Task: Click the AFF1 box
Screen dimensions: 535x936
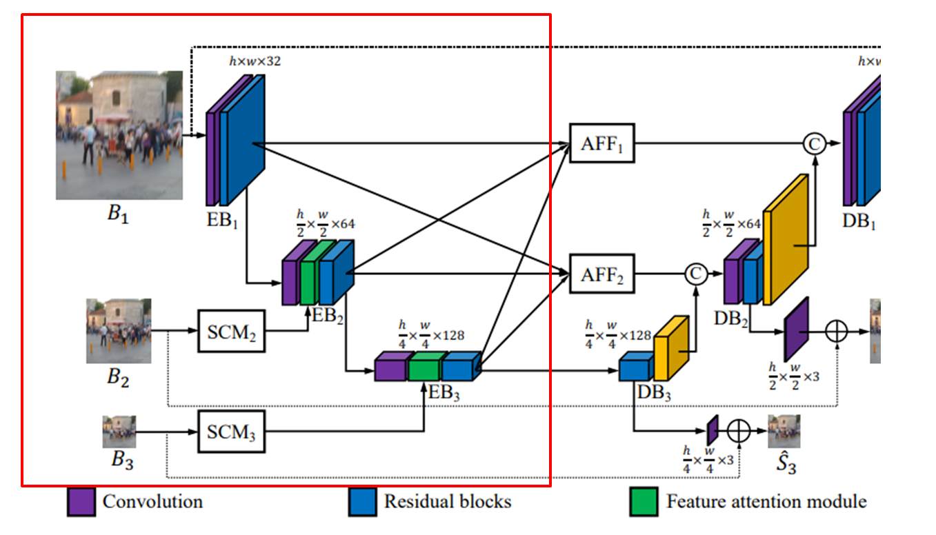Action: [x=601, y=143]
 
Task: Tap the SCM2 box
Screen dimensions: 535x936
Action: [x=231, y=331]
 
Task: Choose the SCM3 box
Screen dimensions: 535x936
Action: [x=231, y=432]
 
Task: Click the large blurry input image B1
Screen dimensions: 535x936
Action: [x=119, y=135]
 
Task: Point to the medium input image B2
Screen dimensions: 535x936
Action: [x=119, y=331]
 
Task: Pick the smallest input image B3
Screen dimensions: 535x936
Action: [x=119, y=432]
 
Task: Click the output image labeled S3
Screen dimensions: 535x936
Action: [x=784, y=432]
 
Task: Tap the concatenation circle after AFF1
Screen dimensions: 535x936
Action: [x=815, y=143]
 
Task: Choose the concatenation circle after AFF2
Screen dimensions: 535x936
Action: [x=696, y=274]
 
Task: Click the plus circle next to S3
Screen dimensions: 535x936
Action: [x=739, y=432]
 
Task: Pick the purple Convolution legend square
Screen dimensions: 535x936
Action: [x=81, y=501]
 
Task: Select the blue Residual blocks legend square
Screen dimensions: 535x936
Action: [x=363, y=501]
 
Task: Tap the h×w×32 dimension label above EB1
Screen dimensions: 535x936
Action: [x=255, y=61]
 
